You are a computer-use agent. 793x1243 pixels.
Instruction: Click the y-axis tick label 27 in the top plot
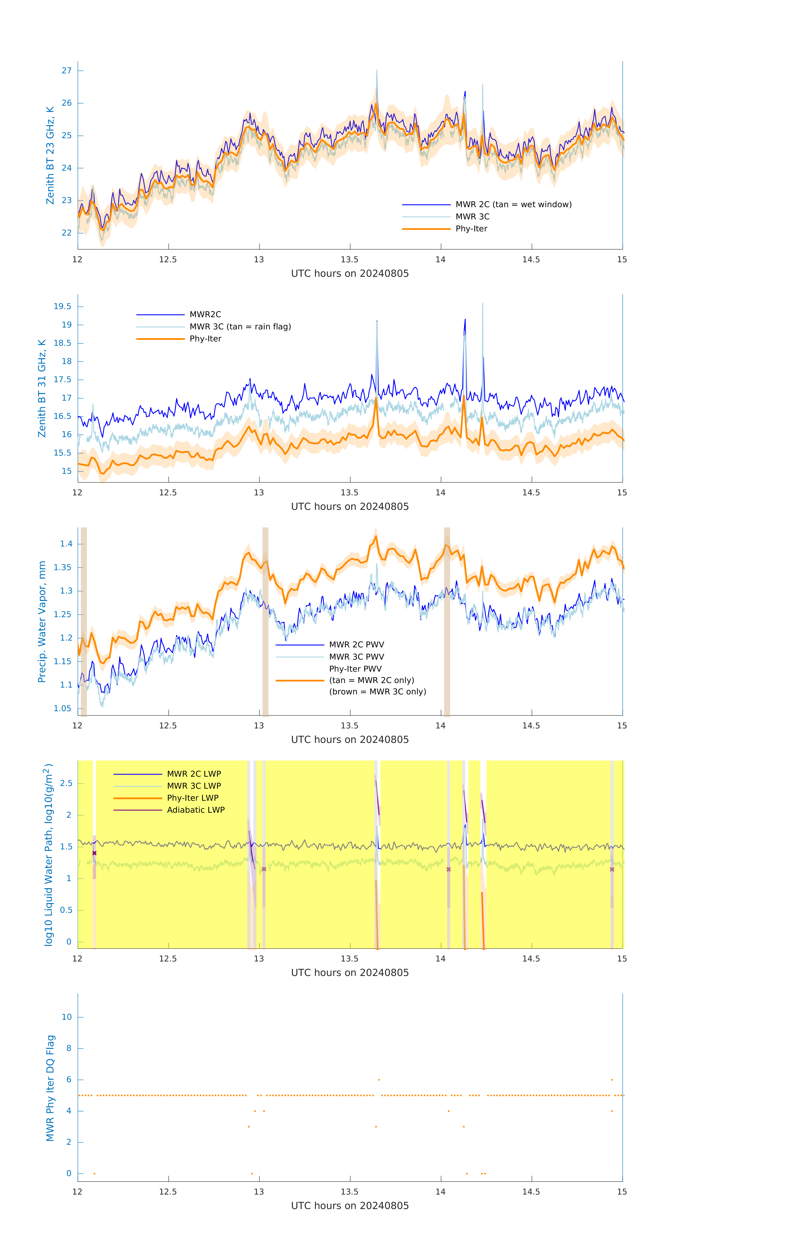coord(67,71)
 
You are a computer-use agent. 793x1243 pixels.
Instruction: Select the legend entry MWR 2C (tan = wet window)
coord(513,204)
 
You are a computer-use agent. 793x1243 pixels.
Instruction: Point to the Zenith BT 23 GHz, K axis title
coord(50,155)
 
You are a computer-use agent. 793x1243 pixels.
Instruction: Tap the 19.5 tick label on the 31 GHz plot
coord(63,307)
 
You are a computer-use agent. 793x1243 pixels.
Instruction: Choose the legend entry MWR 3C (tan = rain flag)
coord(240,327)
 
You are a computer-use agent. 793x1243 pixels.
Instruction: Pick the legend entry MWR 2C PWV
coord(356,645)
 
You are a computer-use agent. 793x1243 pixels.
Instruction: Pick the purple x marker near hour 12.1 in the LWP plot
coord(95,853)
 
